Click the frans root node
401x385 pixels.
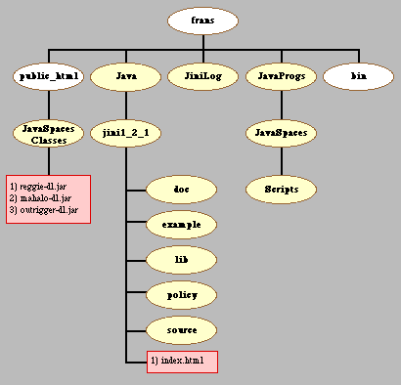click(202, 21)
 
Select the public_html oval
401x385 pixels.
click(49, 76)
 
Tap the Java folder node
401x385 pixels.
click(126, 76)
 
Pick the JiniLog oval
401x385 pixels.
click(202, 76)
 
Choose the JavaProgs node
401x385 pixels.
click(281, 76)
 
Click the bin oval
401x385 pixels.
click(358, 76)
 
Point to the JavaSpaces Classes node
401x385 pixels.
click(49, 133)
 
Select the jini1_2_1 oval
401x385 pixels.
click(126, 133)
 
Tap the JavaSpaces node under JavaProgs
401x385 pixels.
click(281, 133)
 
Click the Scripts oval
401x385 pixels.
click(281, 190)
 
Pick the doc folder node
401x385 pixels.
click(181, 190)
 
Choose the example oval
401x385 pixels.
click(181, 225)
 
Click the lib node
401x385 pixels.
click(181, 260)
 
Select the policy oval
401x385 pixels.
click(181, 295)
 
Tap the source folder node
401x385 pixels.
click(181, 330)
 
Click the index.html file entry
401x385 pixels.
click(177, 361)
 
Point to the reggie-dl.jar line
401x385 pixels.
click(38, 187)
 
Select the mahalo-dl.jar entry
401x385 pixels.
click(40, 198)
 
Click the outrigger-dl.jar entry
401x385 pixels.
click(44, 210)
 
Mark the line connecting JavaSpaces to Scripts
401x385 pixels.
click(282, 161)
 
